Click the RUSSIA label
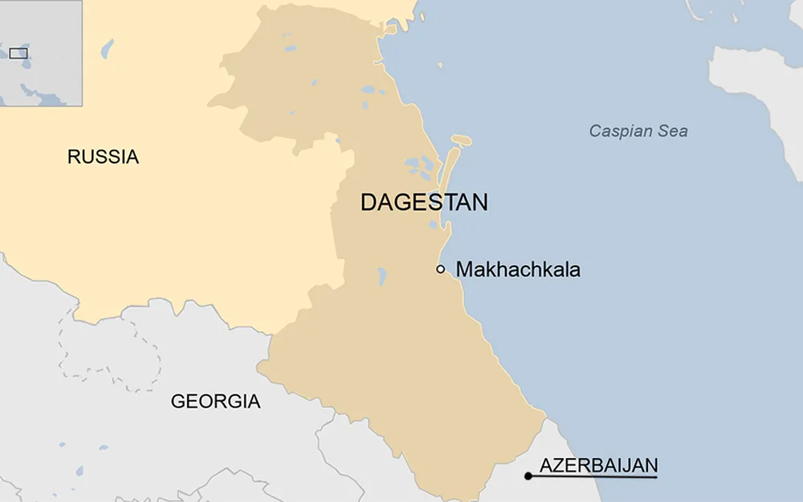103,156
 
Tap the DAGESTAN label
423,202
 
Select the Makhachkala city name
518,269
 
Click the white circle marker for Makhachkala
441,269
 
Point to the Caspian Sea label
638,131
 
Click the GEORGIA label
215,401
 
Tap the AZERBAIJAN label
598,465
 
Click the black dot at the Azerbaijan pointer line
528,476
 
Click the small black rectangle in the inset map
18,54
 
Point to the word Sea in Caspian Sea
673,131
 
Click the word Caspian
621,131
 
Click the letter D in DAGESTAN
369,202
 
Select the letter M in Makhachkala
464,269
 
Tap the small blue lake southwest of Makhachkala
382,277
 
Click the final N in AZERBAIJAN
652,465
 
